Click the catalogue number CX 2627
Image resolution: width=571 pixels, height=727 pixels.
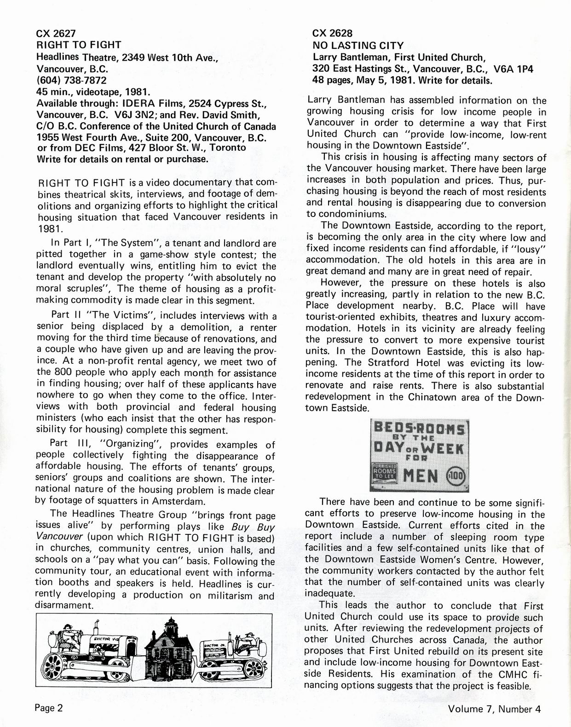[x=56, y=33]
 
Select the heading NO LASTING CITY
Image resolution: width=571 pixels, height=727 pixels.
[x=358, y=45]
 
